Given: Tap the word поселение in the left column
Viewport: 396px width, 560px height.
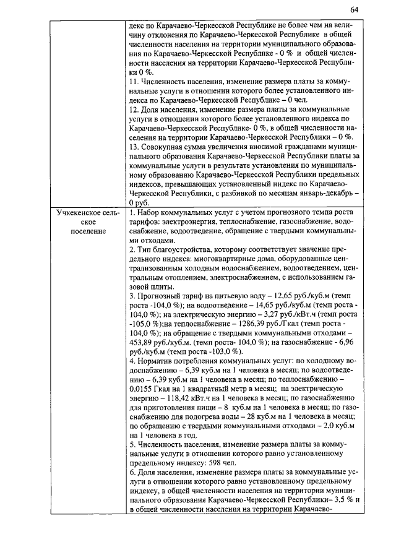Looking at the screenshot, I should (87, 231).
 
